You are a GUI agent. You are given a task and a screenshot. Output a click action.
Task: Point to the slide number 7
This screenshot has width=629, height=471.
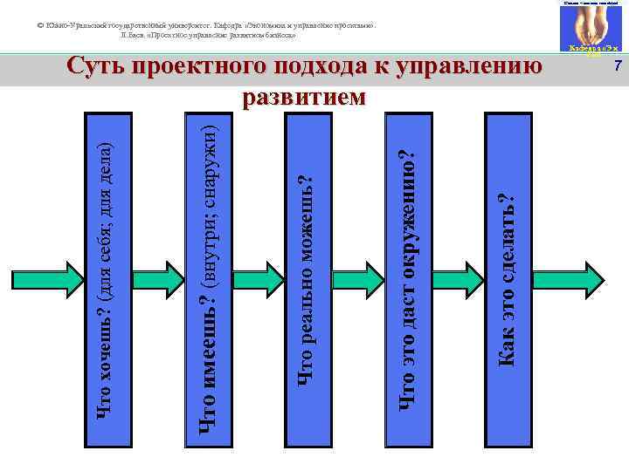point(617,68)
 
